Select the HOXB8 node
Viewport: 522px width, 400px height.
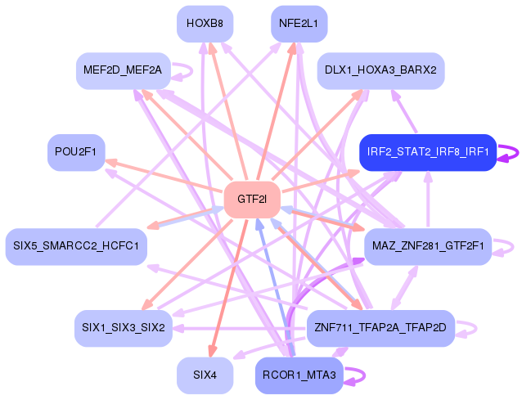(205, 24)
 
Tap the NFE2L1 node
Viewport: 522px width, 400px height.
(299, 24)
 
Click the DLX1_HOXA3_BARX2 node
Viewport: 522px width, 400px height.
(380, 70)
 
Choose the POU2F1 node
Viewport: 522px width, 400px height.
(76, 152)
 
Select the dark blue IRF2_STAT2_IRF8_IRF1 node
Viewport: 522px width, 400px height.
(428, 152)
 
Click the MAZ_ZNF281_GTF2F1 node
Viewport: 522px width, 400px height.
(427, 246)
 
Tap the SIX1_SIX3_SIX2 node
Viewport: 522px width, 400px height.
(123, 327)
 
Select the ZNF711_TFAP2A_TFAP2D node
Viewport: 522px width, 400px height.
(380, 327)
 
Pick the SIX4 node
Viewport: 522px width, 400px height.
(205, 375)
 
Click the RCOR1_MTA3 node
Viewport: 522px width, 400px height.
(299, 375)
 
